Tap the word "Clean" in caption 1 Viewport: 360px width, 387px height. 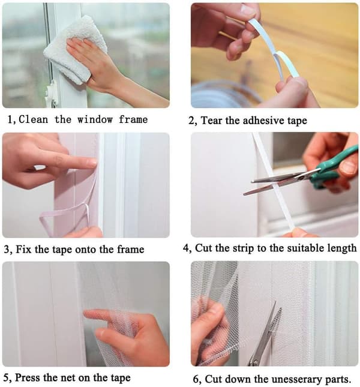pyautogui.click(x=34, y=120)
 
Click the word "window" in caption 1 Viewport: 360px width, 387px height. pyautogui.click(x=95, y=120)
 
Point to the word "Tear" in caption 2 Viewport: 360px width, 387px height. pyautogui.click(x=212, y=121)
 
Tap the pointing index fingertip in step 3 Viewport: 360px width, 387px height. pyautogui.click(x=92, y=162)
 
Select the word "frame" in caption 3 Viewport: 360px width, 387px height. pyautogui.click(x=131, y=249)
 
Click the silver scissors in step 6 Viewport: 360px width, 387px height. pyautogui.click(x=265, y=335)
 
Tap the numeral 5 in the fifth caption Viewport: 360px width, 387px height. pyautogui.click(x=7, y=378)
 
